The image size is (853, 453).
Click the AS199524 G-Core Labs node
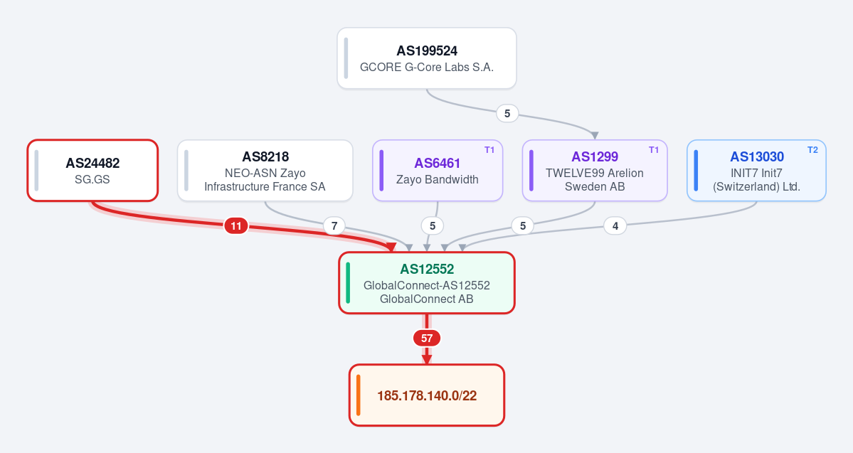pos(427,58)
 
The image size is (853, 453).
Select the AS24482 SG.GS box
pos(92,170)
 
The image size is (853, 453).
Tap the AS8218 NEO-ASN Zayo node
pos(265,170)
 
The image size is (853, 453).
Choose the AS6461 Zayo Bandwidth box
pos(438,170)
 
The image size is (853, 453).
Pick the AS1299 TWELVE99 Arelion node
pos(595,170)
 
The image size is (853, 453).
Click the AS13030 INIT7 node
pos(756,170)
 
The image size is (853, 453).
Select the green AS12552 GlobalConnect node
pos(427,283)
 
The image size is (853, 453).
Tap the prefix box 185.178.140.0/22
pos(427,395)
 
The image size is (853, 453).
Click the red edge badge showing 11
pos(236,225)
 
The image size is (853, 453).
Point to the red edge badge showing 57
pos(427,339)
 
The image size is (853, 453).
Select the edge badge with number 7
pos(334,225)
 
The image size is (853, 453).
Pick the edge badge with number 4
pos(615,225)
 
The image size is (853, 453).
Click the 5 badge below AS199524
pos(507,113)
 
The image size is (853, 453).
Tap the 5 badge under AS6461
pos(433,225)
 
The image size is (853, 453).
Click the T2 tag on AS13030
pos(812,150)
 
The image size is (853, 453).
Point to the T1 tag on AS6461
pos(489,150)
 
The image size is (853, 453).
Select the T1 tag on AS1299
pos(654,150)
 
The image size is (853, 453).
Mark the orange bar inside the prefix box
pos(359,395)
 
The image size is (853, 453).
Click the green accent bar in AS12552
pos(348,283)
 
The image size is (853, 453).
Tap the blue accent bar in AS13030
pos(696,170)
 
